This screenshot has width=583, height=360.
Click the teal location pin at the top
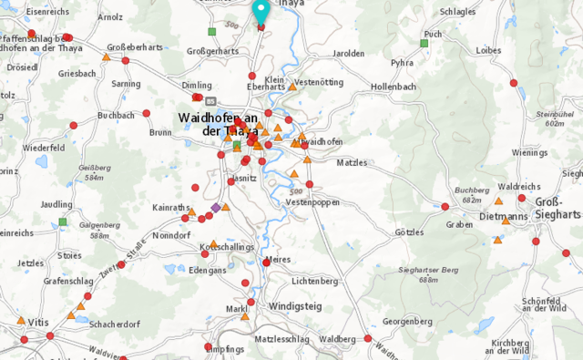(261, 11)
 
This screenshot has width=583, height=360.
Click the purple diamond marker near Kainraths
(215, 209)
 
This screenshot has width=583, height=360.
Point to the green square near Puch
(424, 43)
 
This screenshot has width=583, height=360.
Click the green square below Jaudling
(63, 221)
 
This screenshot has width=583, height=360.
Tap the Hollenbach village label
(394, 87)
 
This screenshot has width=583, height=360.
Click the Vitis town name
(37, 323)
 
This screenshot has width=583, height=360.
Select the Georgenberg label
(406, 322)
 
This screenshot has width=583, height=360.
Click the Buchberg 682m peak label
(471, 195)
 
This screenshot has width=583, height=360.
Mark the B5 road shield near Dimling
(210, 101)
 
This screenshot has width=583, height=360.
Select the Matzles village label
(351, 162)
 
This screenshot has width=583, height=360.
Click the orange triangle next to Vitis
(21, 320)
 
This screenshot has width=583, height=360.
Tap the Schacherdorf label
(113, 324)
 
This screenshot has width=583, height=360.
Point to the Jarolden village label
(348, 54)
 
